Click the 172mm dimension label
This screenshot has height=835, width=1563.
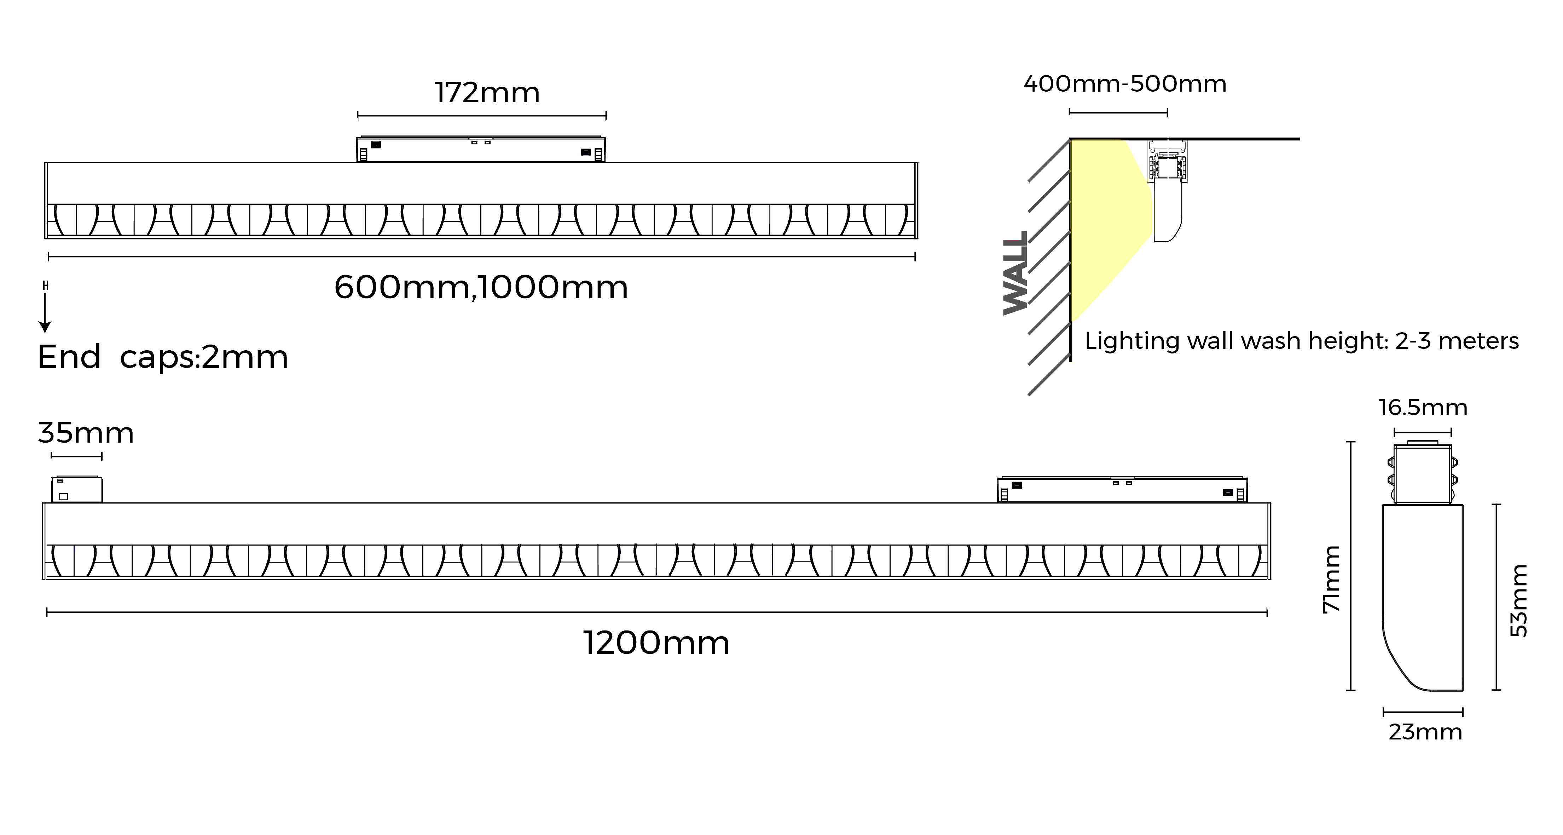click(x=487, y=93)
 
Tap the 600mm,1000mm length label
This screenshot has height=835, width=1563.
click(x=481, y=287)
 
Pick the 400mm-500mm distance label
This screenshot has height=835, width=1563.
click(x=1125, y=84)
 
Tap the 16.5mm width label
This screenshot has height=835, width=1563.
click(x=1423, y=407)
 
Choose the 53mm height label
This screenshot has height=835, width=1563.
click(x=1518, y=601)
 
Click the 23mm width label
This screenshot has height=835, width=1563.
click(x=1425, y=732)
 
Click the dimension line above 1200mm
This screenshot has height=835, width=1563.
click(x=656, y=613)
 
